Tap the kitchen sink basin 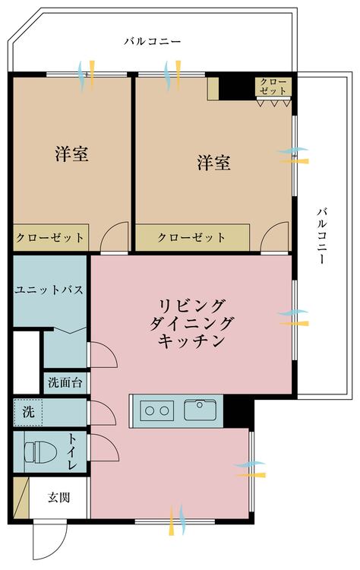pos(201,410)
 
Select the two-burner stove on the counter pos(157,410)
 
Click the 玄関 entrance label pos(58,497)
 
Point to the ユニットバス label pos(49,290)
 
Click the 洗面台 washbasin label pos(65,382)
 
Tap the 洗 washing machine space pos(28,412)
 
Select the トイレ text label pos(72,451)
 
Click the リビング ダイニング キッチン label pos(191,323)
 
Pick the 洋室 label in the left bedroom pos(72,154)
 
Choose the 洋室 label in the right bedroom pos(214,163)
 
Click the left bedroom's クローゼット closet pos(51,237)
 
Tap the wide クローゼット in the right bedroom pos(193,237)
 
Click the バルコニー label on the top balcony pos(152,41)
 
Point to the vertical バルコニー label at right pos(322,236)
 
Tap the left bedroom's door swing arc pos(114,236)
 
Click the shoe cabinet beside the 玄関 pos(21,498)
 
